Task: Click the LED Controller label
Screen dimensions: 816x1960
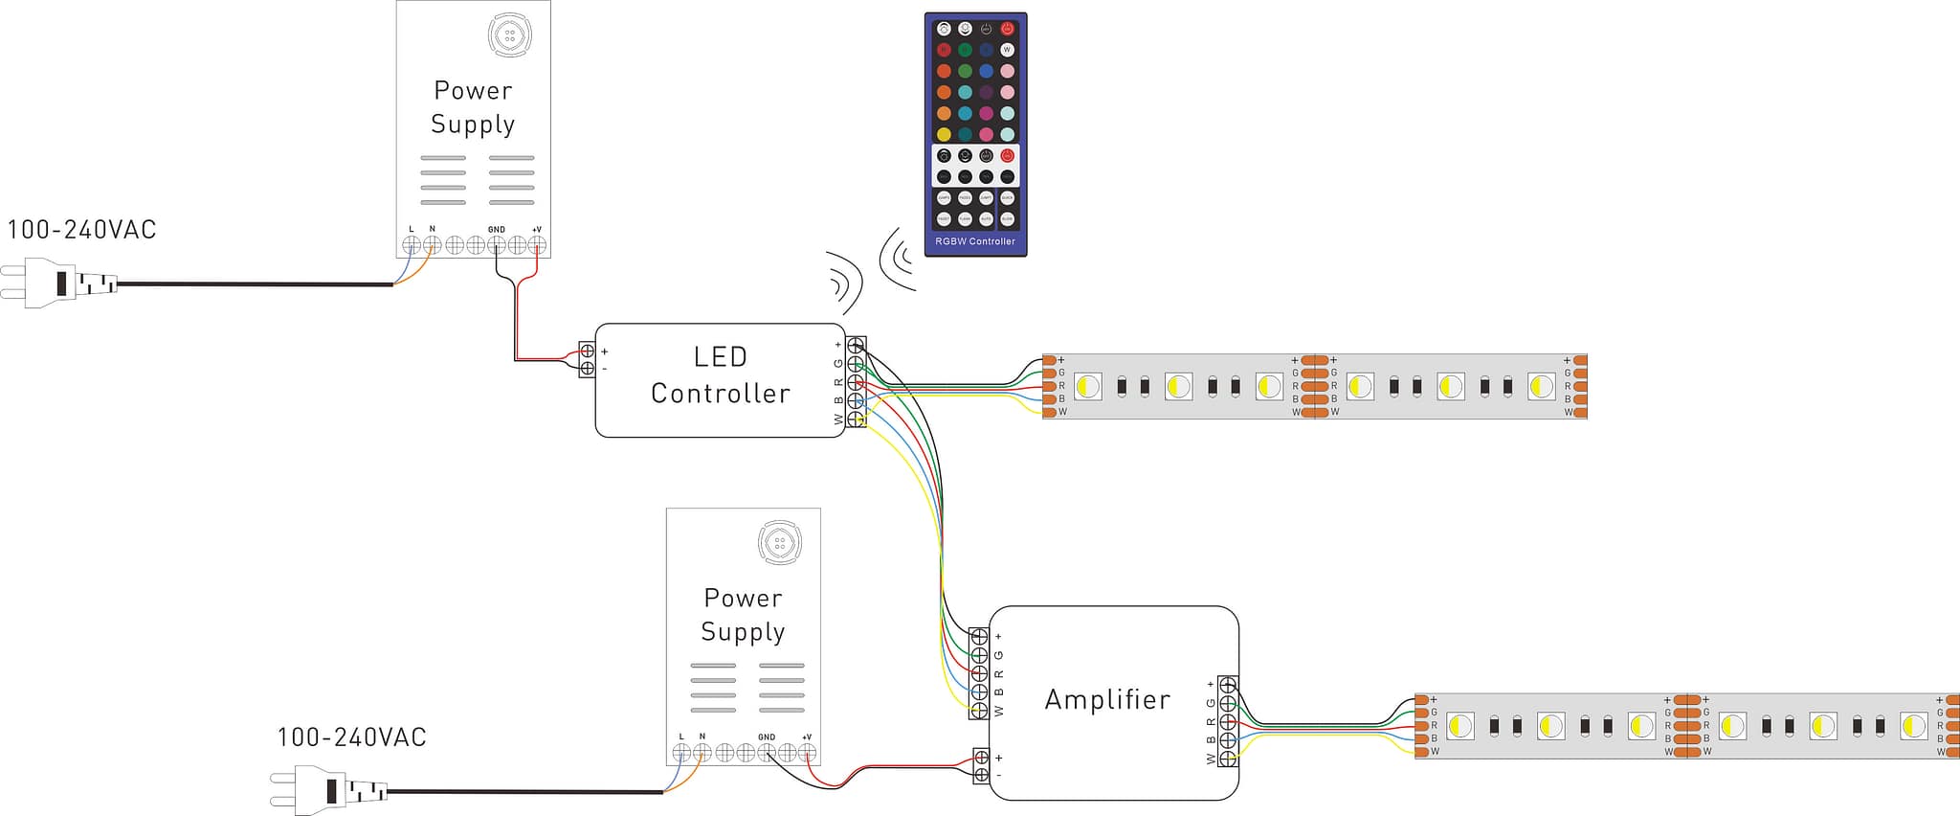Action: tap(720, 375)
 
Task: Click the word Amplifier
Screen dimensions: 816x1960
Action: tap(1107, 700)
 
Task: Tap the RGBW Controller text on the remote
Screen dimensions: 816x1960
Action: tap(975, 241)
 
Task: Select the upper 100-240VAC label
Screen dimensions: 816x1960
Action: tap(81, 230)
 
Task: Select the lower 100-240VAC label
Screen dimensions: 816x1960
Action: tap(351, 737)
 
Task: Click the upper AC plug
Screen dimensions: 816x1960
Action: tap(57, 283)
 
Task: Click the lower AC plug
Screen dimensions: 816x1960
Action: tap(327, 791)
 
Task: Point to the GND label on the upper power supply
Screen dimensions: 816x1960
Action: tap(496, 230)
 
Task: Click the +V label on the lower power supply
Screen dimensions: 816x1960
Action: tap(807, 737)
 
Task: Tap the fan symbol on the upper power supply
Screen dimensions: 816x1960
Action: tap(509, 35)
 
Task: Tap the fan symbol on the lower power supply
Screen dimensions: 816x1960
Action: tap(779, 543)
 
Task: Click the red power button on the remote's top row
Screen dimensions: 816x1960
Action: tap(1007, 30)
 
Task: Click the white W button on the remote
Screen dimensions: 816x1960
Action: tap(1007, 50)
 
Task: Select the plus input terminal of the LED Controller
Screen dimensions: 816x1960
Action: tap(587, 351)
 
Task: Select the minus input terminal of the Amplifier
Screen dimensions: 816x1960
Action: tap(981, 774)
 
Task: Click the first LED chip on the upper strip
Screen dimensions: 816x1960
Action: tap(1087, 387)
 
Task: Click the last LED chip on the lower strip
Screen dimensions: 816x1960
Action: tap(1913, 726)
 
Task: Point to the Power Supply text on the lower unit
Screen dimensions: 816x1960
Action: tap(743, 615)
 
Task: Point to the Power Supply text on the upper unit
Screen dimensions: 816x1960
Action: tap(473, 107)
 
